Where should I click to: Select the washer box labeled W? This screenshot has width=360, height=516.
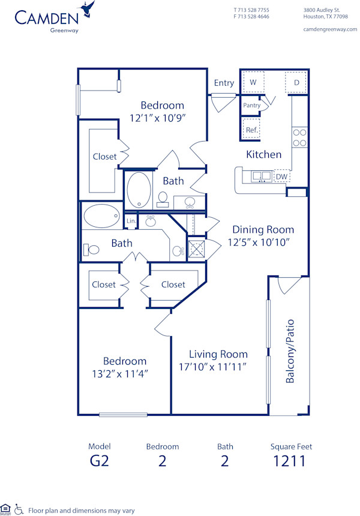[253, 82]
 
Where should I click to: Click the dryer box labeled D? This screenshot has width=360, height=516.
[296, 82]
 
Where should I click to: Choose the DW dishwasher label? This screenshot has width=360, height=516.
[281, 176]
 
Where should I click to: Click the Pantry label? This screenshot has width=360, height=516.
[251, 106]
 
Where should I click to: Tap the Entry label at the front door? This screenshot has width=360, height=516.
[224, 83]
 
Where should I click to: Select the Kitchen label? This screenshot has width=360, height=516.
[263, 154]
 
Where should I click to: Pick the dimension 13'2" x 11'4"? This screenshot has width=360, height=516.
[125, 373]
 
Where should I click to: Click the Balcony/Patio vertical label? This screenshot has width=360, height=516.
[290, 351]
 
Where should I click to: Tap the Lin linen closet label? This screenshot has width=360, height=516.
[131, 221]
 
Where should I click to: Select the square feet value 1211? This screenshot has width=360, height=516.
[290, 461]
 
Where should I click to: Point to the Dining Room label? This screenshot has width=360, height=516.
[263, 229]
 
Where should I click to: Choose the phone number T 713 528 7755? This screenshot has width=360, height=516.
[251, 10]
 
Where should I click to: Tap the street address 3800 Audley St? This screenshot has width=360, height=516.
[322, 10]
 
